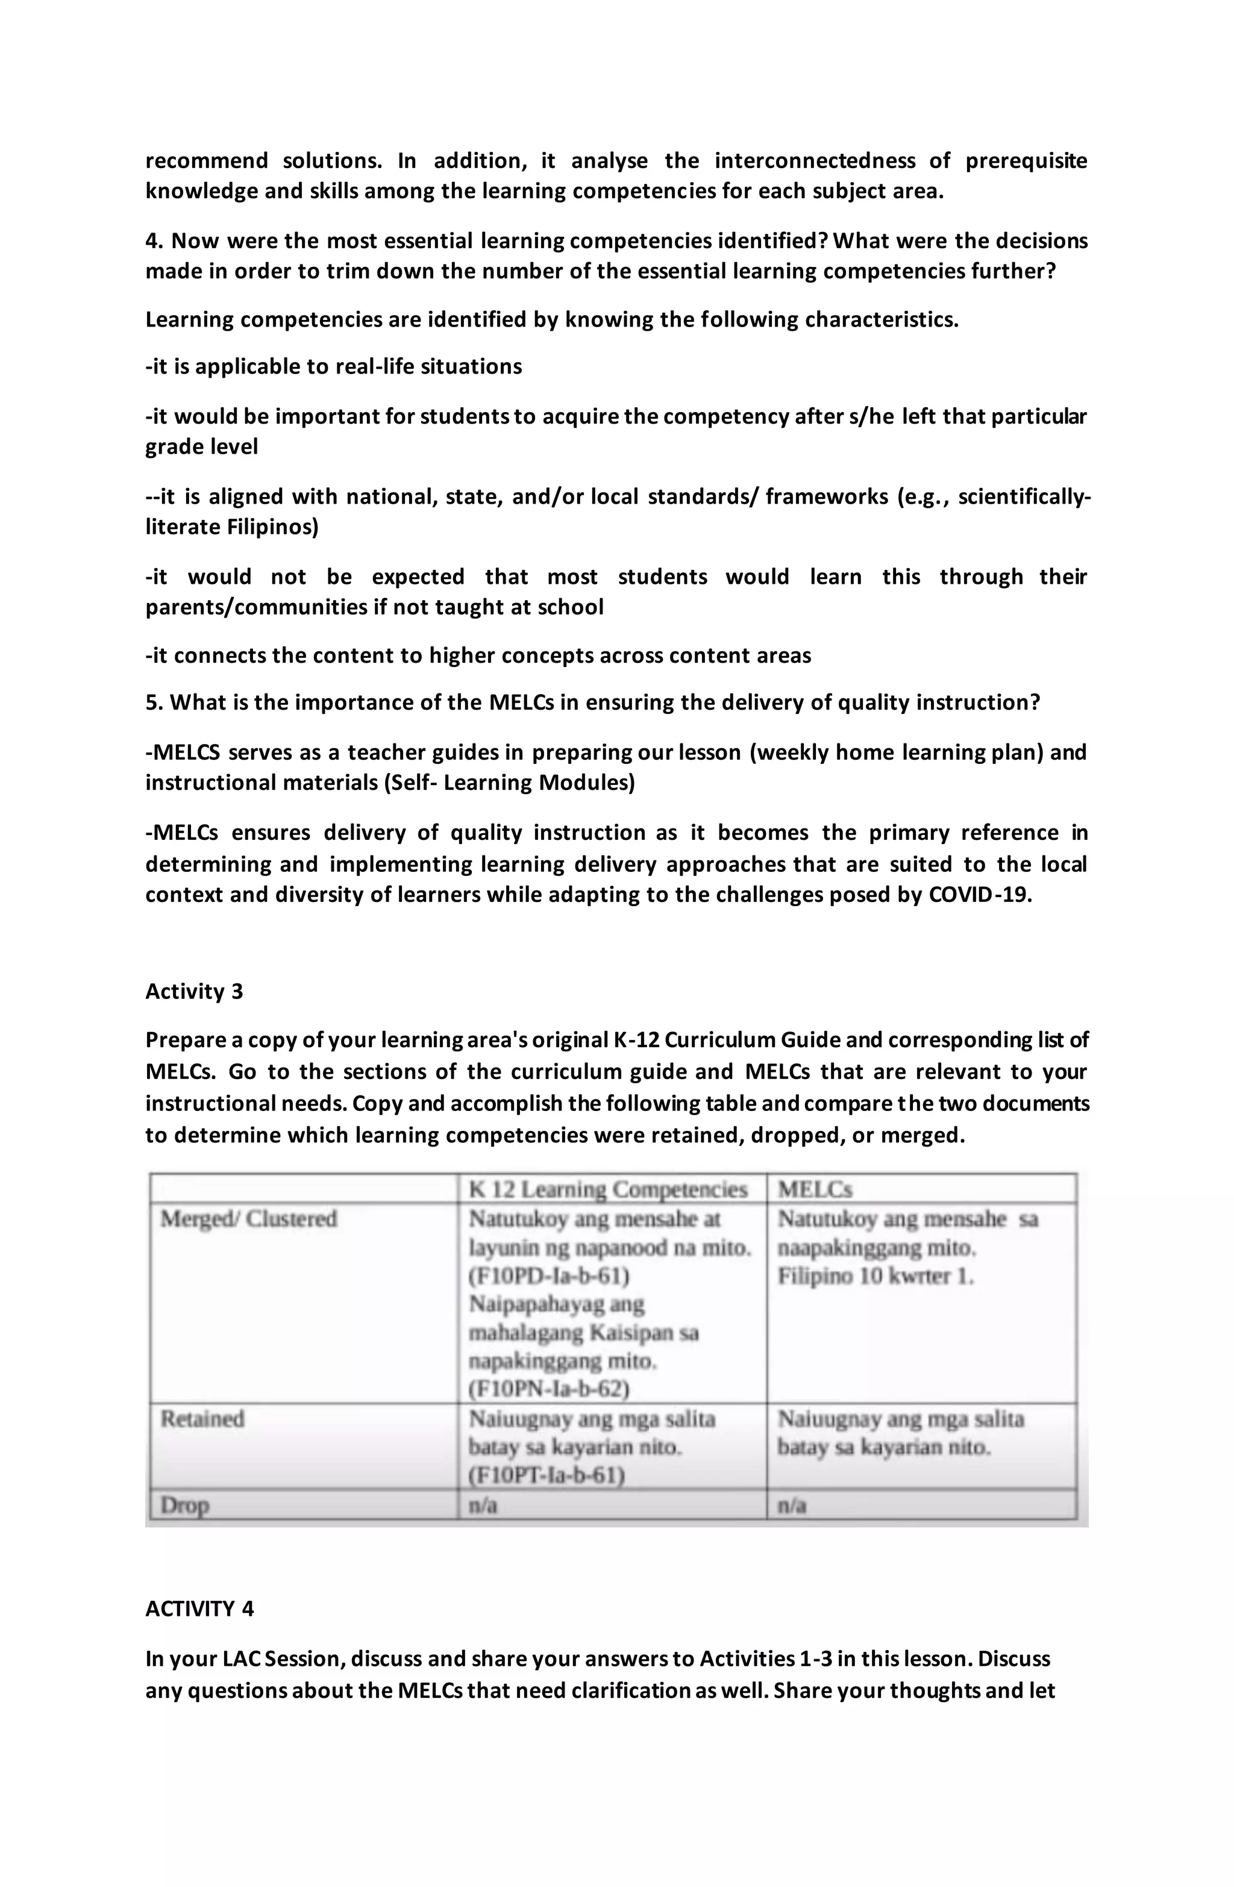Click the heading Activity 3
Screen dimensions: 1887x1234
coord(194,991)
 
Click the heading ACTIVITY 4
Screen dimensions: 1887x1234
coord(200,1609)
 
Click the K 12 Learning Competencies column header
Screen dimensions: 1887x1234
coord(609,1189)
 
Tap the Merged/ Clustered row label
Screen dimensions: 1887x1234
coord(249,1219)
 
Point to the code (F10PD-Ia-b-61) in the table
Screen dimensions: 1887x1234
coord(549,1277)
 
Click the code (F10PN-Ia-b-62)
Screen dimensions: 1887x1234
coord(549,1388)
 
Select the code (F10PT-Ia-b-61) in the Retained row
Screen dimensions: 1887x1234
coord(547,1475)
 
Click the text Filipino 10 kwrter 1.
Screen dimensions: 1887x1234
coord(875,1277)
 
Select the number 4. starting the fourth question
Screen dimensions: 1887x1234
coord(154,241)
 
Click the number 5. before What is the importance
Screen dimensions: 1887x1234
coord(154,703)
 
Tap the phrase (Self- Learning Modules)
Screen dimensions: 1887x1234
coord(509,783)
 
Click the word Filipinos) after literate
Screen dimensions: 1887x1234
coord(272,527)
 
